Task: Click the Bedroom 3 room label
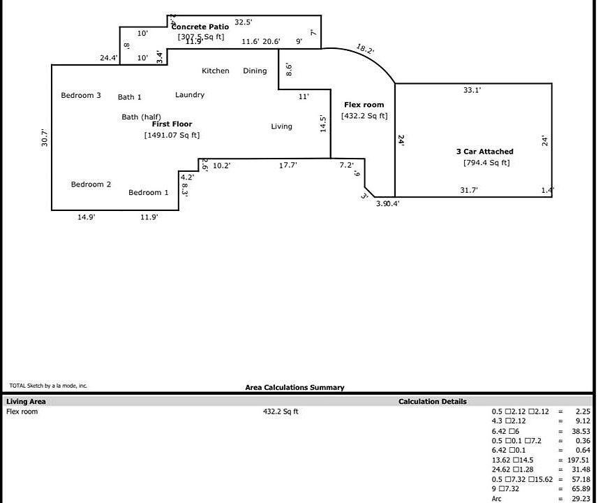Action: coord(81,96)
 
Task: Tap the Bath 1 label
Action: coord(130,98)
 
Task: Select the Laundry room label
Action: coord(190,95)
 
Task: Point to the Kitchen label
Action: coord(216,71)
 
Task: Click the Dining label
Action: coord(255,71)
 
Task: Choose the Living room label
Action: coord(282,127)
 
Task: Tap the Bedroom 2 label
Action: coord(91,185)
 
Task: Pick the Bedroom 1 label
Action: coord(149,193)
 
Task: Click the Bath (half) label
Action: coord(142,117)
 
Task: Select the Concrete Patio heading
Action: coord(201,27)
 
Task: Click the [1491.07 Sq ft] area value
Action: coord(172,136)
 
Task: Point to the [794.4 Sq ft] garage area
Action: coord(486,163)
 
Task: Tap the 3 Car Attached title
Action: coord(485,152)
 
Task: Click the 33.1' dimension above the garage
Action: coord(472,90)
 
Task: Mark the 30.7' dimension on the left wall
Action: coord(45,138)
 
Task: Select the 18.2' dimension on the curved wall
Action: coord(365,49)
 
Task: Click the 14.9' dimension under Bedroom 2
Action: coord(87,218)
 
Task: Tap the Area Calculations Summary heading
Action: coord(294,388)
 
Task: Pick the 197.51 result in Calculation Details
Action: coord(576,460)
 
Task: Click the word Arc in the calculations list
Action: coord(497,499)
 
